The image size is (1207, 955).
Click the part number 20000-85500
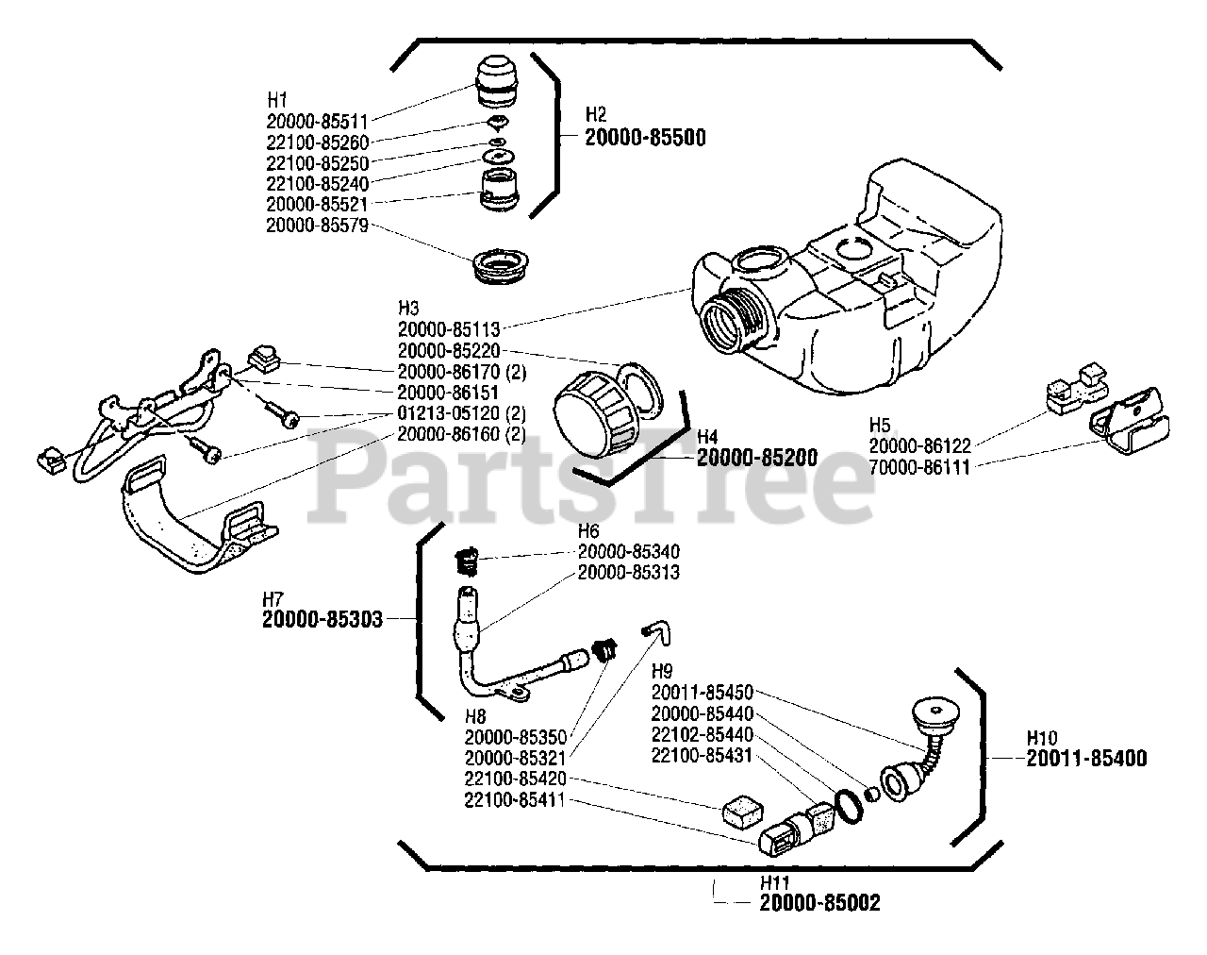[x=645, y=137]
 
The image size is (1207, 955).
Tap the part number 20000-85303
[x=322, y=619]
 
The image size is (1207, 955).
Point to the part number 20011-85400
[x=1086, y=758]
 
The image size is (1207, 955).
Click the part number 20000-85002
[x=819, y=903]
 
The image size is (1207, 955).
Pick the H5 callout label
[x=880, y=425]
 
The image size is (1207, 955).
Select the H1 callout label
[x=277, y=99]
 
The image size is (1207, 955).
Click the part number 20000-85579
[x=317, y=226]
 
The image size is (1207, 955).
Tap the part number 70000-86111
[x=918, y=466]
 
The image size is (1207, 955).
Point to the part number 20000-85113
[x=449, y=329]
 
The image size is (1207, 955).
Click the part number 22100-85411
[x=515, y=800]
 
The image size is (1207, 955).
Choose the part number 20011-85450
[x=702, y=693]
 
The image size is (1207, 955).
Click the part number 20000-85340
[x=628, y=551]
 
